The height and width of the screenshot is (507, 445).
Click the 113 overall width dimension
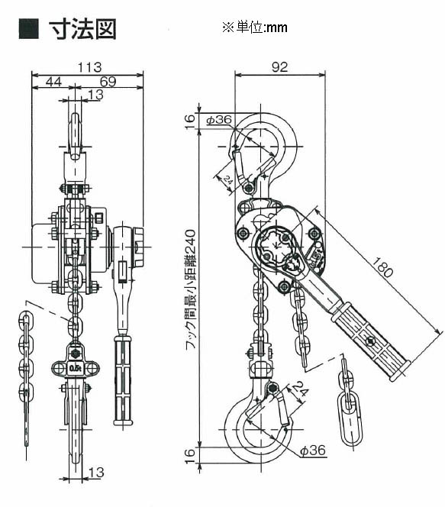coord(89,68)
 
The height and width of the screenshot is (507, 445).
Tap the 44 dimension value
coord(53,82)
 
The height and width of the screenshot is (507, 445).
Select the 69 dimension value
coord(108,82)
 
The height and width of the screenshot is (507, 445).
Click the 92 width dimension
coord(279,67)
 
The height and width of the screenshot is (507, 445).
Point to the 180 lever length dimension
coord(382,267)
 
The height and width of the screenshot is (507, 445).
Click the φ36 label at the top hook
coord(219,120)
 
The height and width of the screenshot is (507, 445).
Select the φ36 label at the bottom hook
coord(313,450)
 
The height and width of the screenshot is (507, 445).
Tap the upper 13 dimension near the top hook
coord(96,95)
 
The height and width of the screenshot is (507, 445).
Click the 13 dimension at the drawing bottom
coord(96,473)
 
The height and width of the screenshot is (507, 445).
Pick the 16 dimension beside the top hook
coord(190,121)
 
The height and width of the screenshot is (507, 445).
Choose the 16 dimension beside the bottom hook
coord(190,456)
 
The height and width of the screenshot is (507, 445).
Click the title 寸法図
coord(82,29)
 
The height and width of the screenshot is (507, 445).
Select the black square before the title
coord(28,29)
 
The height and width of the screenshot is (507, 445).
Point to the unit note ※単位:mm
coord(255,27)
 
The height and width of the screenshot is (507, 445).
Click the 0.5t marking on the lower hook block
coord(75,369)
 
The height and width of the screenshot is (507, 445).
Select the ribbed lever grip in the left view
coord(123,380)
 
